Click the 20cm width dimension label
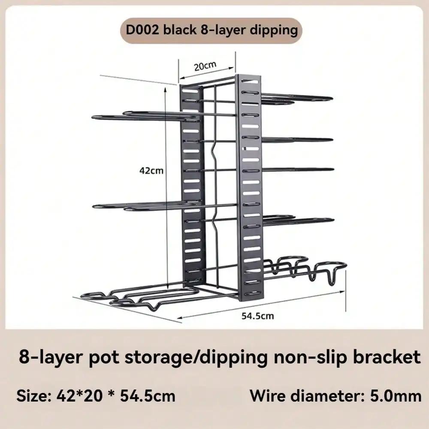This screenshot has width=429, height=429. click(x=205, y=66)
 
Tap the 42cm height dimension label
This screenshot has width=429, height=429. click(x=151, y=171)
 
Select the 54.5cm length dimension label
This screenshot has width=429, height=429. click(x=257, y=316)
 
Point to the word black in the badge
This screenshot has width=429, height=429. click(x=180, y=30)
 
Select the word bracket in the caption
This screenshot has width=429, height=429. click(x=387, y=357)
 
